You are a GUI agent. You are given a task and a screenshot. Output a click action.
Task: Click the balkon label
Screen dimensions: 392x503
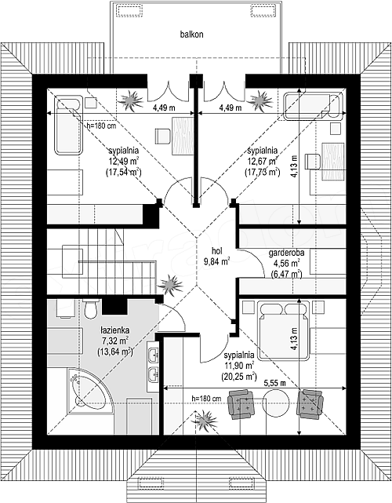point(191,35)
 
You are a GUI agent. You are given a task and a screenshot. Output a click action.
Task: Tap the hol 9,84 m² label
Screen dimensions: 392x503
point(216,257)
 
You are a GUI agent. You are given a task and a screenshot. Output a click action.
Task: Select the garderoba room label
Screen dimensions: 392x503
point(286,253)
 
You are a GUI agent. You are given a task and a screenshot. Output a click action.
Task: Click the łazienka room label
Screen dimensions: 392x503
point(114,330)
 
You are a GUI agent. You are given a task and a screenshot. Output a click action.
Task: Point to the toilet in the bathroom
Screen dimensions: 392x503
point(90,308)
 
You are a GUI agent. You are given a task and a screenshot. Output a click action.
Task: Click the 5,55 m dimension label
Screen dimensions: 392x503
point(275,383)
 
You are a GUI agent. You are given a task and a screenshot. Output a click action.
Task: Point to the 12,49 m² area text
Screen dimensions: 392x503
point(123,161)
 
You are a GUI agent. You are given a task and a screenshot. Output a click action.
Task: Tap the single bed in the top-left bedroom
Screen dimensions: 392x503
point(68,125)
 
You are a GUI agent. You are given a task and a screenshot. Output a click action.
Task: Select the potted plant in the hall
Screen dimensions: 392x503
point(170,285)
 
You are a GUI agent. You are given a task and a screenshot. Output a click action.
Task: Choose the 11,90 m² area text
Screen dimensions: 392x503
point(239,366)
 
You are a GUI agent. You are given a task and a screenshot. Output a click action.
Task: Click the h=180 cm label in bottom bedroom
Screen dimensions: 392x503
point(206,399)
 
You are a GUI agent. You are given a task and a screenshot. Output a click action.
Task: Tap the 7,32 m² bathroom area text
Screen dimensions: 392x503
point(114,341)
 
